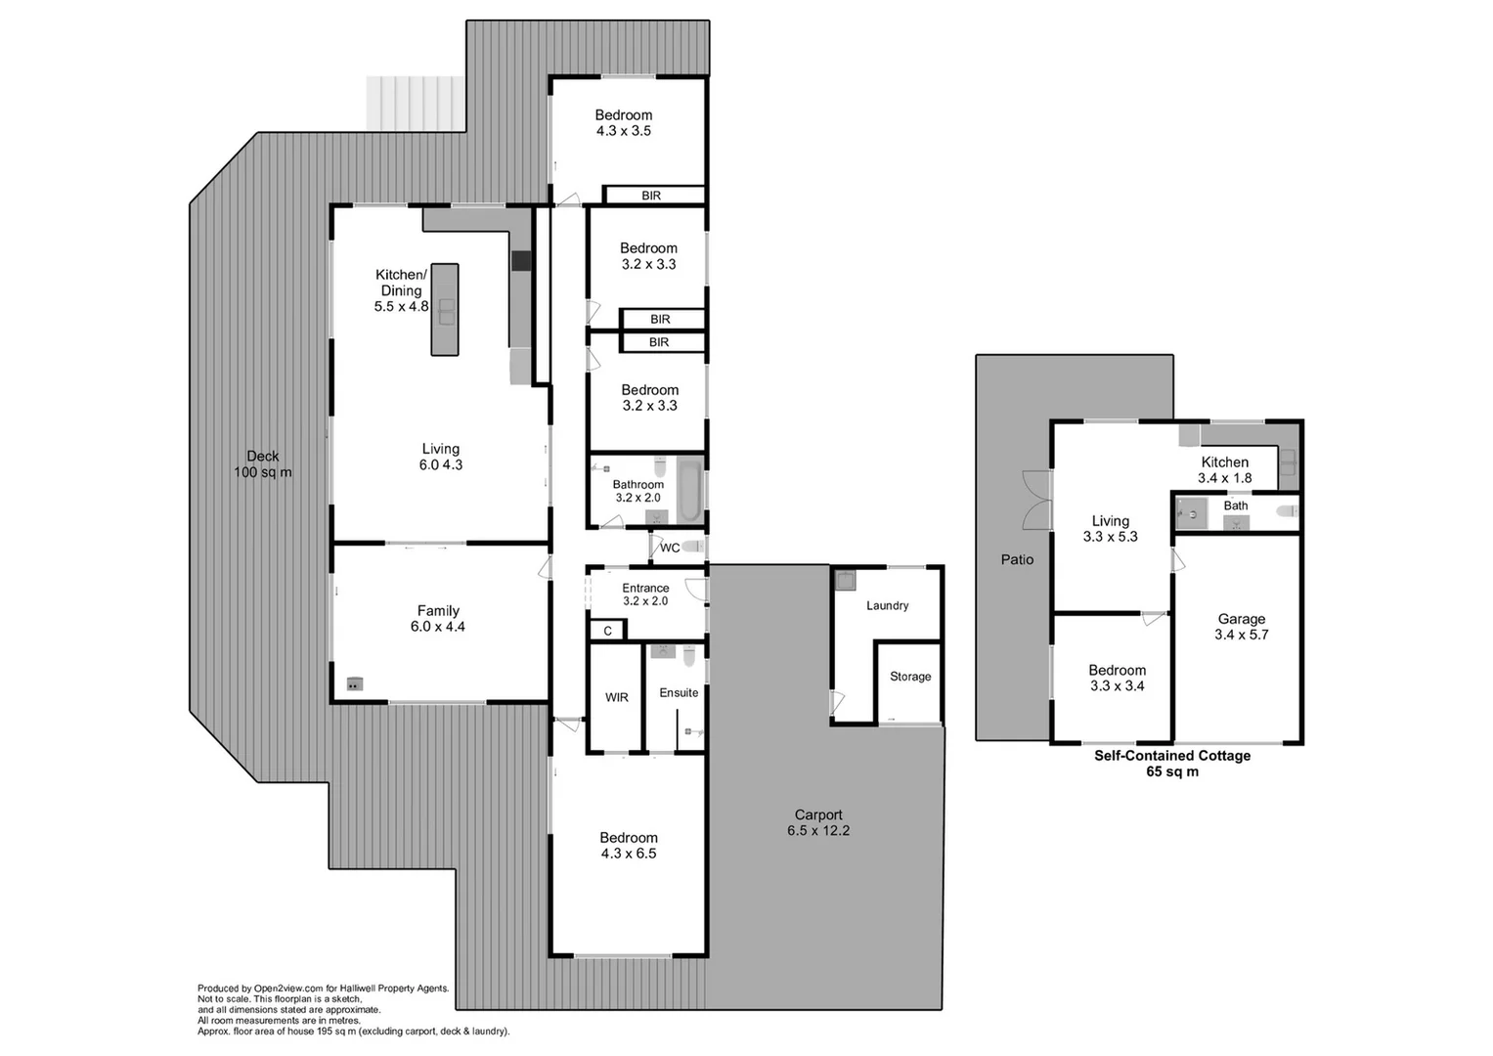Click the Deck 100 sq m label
point(262,464)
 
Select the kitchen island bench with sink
point(445,309)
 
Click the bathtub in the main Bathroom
point(688,490)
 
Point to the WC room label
point(670,548)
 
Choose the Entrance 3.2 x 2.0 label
point(645,594)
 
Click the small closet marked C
point(607,631)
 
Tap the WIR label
point(616,697)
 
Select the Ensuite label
point(679,692)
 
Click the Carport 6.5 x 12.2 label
point(818,822)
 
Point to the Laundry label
point(887,605)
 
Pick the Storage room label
point(909,677)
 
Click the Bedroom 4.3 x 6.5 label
point(629,846)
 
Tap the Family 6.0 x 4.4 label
point(438,619)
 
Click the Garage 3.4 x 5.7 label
point(1241,627)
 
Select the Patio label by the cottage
point(1017,559)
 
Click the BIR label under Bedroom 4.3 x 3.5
point(651,196)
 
